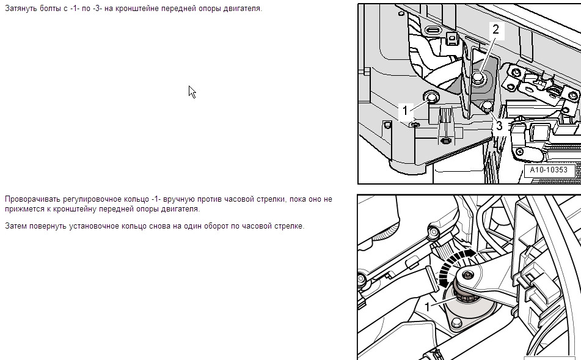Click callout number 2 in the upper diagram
coord(496,29)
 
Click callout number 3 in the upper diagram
coord(499,126)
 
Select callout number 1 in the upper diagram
coord(405,111)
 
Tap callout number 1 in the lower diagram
coord(427,307)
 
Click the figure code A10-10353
coord(549,170)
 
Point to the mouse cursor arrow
coord(192,92)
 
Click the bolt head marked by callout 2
coord(478,78)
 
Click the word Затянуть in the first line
coord(21,9)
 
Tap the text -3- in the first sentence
coord(98,9)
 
